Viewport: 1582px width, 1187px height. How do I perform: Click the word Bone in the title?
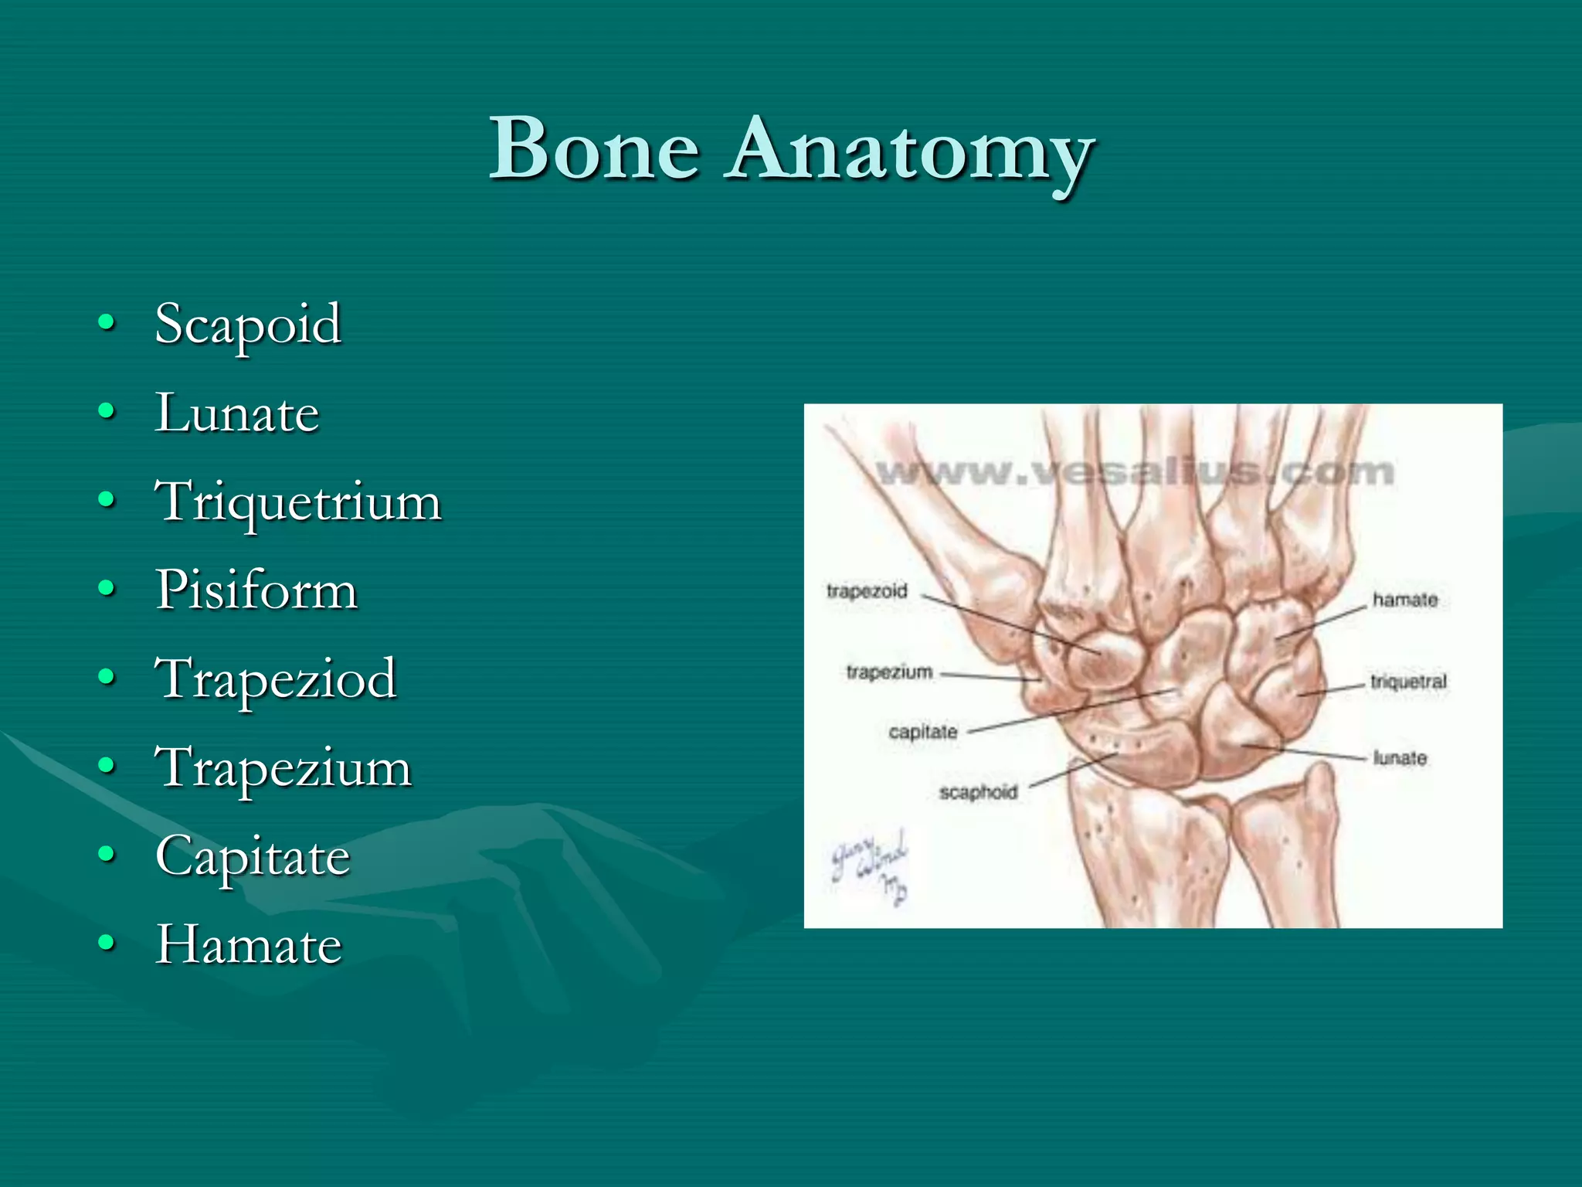pos(595,148)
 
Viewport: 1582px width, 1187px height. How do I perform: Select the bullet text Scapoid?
pos(248,324)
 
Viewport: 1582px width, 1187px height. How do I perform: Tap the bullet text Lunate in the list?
pos(237,413)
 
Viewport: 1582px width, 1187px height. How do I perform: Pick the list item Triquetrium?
pos(298,502)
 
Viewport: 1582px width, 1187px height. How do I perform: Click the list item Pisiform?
pos(256,590)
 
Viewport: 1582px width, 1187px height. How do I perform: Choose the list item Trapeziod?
pos(276,679)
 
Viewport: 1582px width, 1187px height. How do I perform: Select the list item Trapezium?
pos(283,767)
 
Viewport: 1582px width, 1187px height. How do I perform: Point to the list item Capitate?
pos(253,856)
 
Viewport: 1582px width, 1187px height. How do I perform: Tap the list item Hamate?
pos(248,944)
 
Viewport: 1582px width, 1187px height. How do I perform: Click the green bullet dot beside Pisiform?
pos(107,590)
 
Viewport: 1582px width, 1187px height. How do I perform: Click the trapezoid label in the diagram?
pos(866,591)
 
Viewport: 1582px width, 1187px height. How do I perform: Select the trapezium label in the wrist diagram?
pos(889,672)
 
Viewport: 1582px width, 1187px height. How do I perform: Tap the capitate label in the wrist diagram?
pos(922,731)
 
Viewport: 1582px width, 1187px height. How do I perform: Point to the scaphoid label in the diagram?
pos(977,792)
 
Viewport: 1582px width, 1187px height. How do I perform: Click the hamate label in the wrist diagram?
pos(1404,600)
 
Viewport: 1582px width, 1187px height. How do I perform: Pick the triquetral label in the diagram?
pos(1407,682)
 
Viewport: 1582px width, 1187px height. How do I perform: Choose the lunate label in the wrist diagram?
pos(1399,758)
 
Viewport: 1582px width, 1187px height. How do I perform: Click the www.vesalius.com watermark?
pos(1135,471)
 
